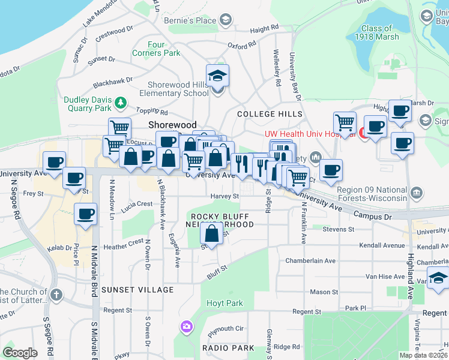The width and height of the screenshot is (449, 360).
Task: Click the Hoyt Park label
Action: (x=226, y=304)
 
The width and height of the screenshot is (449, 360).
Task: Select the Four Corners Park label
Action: (x=164, y=49)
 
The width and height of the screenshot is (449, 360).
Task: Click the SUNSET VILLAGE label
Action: (x=137, y=290)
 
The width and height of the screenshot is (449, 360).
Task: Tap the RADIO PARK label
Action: (x=228, y=348)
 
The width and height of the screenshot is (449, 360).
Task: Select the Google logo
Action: (x=20, y=353)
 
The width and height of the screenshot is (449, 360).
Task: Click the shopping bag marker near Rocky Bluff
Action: (x=212, y=235)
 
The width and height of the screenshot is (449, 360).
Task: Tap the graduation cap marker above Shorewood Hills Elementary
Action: (x=217, y=76)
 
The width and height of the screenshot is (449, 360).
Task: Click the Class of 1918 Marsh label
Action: (x=376, y=32)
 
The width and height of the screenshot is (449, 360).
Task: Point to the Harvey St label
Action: (x=224, y=196)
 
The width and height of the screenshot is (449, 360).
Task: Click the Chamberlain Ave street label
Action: (x=310, y=261)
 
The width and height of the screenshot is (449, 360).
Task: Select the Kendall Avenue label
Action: (x=382, y=245)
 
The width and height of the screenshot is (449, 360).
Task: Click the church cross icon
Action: (x=56, y=295)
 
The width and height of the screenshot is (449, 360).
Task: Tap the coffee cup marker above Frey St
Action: (x=74, y=179)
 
